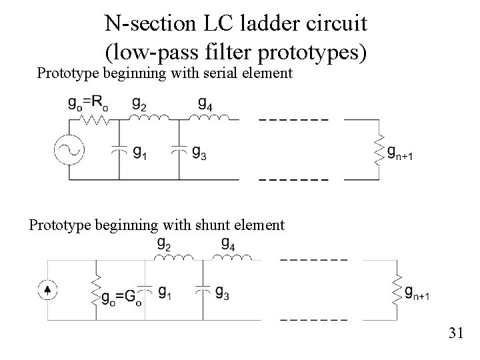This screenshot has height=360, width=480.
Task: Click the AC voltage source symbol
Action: coord(68,149)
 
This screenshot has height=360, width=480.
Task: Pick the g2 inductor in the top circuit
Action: coord(149,119)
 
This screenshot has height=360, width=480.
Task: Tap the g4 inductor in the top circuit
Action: coord(209,119)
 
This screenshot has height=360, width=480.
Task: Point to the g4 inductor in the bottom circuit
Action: coord(231,258)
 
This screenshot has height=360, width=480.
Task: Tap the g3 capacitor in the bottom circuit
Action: coord(201,291)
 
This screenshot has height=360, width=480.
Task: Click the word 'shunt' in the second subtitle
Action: coord(203,225)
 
